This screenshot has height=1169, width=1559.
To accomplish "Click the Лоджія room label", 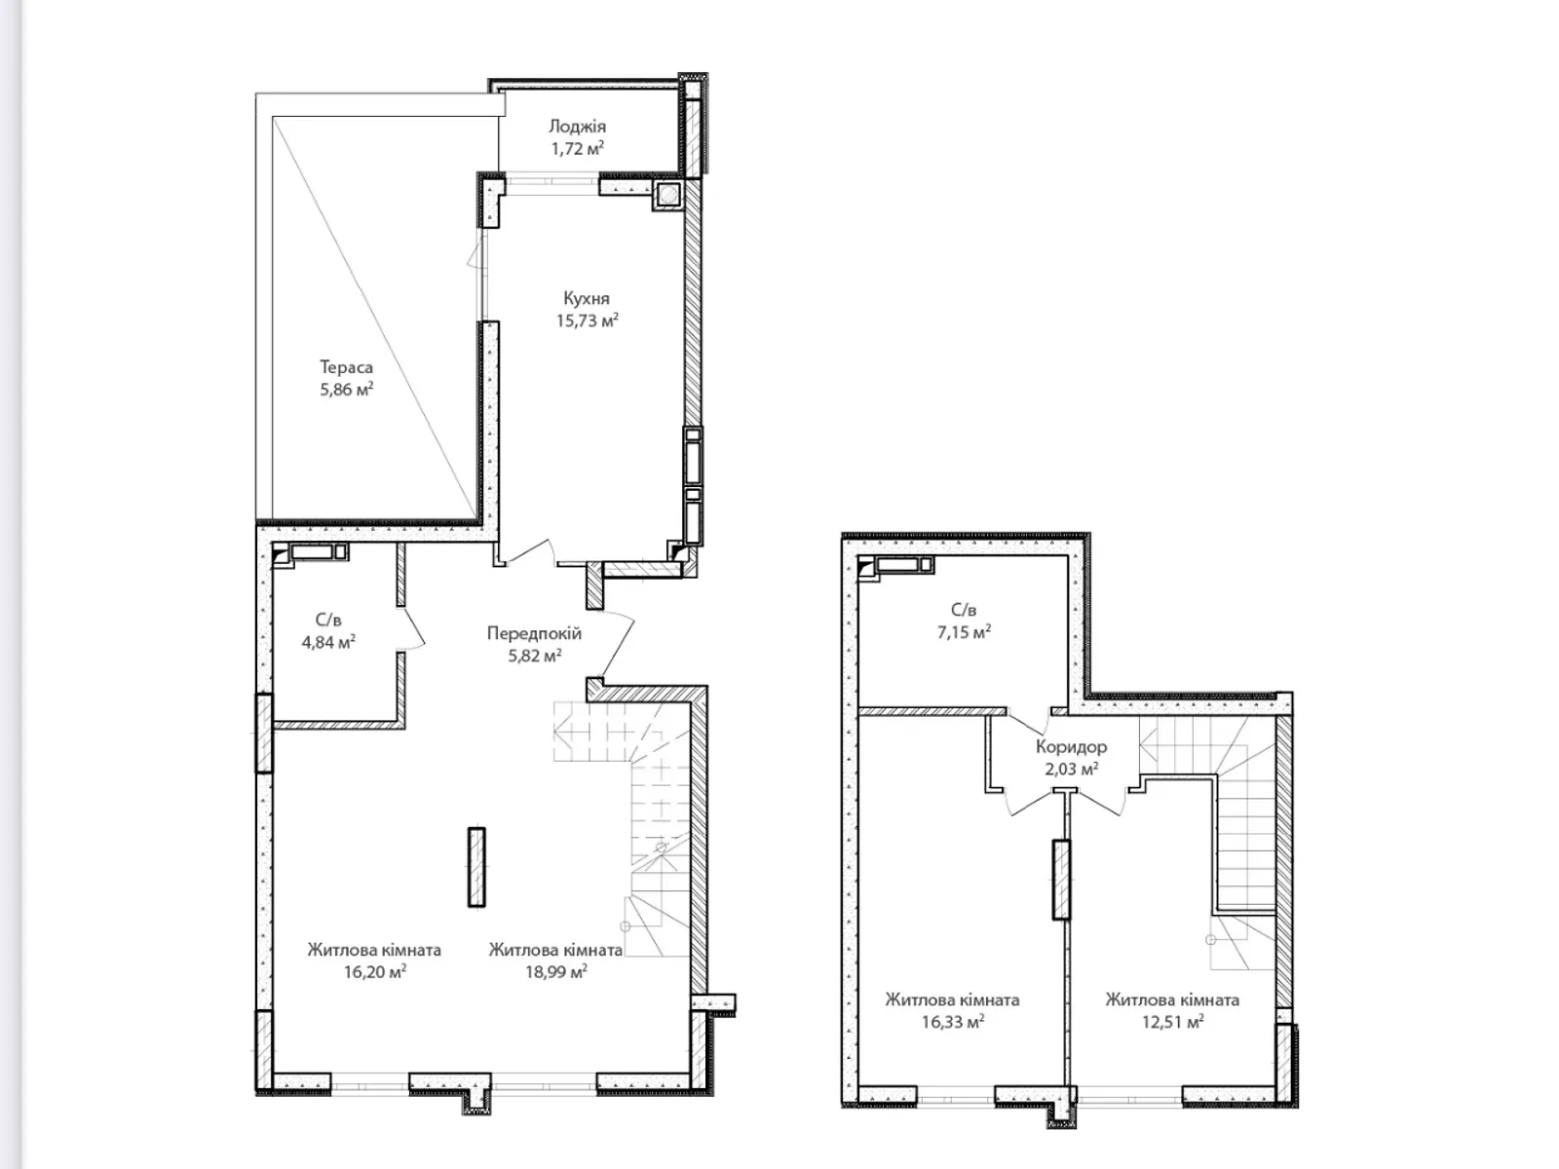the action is pos(577,127).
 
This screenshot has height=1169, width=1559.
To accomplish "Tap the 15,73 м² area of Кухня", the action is pos(587,321).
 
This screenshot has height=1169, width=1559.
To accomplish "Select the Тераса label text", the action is pos(346,367).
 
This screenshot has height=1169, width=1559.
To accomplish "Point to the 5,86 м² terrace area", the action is pos(347,390).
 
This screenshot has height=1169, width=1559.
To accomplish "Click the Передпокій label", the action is pos(534,633).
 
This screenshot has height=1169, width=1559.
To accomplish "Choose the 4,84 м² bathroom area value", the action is pos(328,643).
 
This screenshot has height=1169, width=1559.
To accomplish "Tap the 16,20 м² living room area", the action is pos(375,971).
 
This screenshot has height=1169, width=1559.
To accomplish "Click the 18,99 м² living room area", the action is pos(556,971).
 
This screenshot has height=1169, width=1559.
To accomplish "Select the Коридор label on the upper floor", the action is pos(1071,746).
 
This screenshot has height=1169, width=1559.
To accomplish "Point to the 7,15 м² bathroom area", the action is pos(964,632).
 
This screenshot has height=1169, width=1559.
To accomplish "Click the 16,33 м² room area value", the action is pos(952,1022).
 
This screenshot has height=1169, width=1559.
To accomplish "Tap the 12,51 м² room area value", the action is pos(1172,1022).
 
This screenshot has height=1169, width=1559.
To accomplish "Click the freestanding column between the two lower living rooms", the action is pos(475,867).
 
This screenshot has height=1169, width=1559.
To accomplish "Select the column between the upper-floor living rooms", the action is pos(1060,880).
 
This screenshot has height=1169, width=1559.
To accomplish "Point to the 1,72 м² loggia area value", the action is pos(578,149).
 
